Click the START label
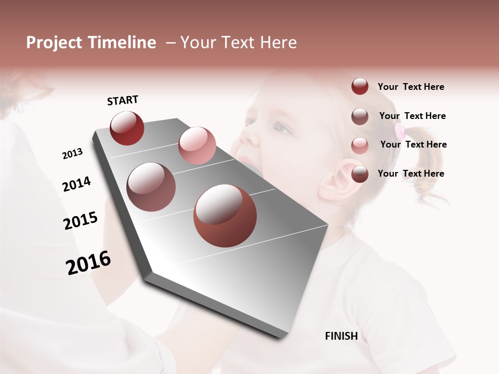point(123,100)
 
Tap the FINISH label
point(341,336)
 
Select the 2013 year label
point(72,154)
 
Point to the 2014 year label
point(76,184)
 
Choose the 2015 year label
point(81,221)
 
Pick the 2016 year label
point(88,262)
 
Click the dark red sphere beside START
point(127,128)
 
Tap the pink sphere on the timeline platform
point(197,145)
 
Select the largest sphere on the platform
point(225,216)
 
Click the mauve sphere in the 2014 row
point(151,187)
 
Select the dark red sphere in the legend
point(360,87)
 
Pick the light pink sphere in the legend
point(360,145)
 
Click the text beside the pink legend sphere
point(413,144)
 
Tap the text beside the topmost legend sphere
point(411,87)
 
